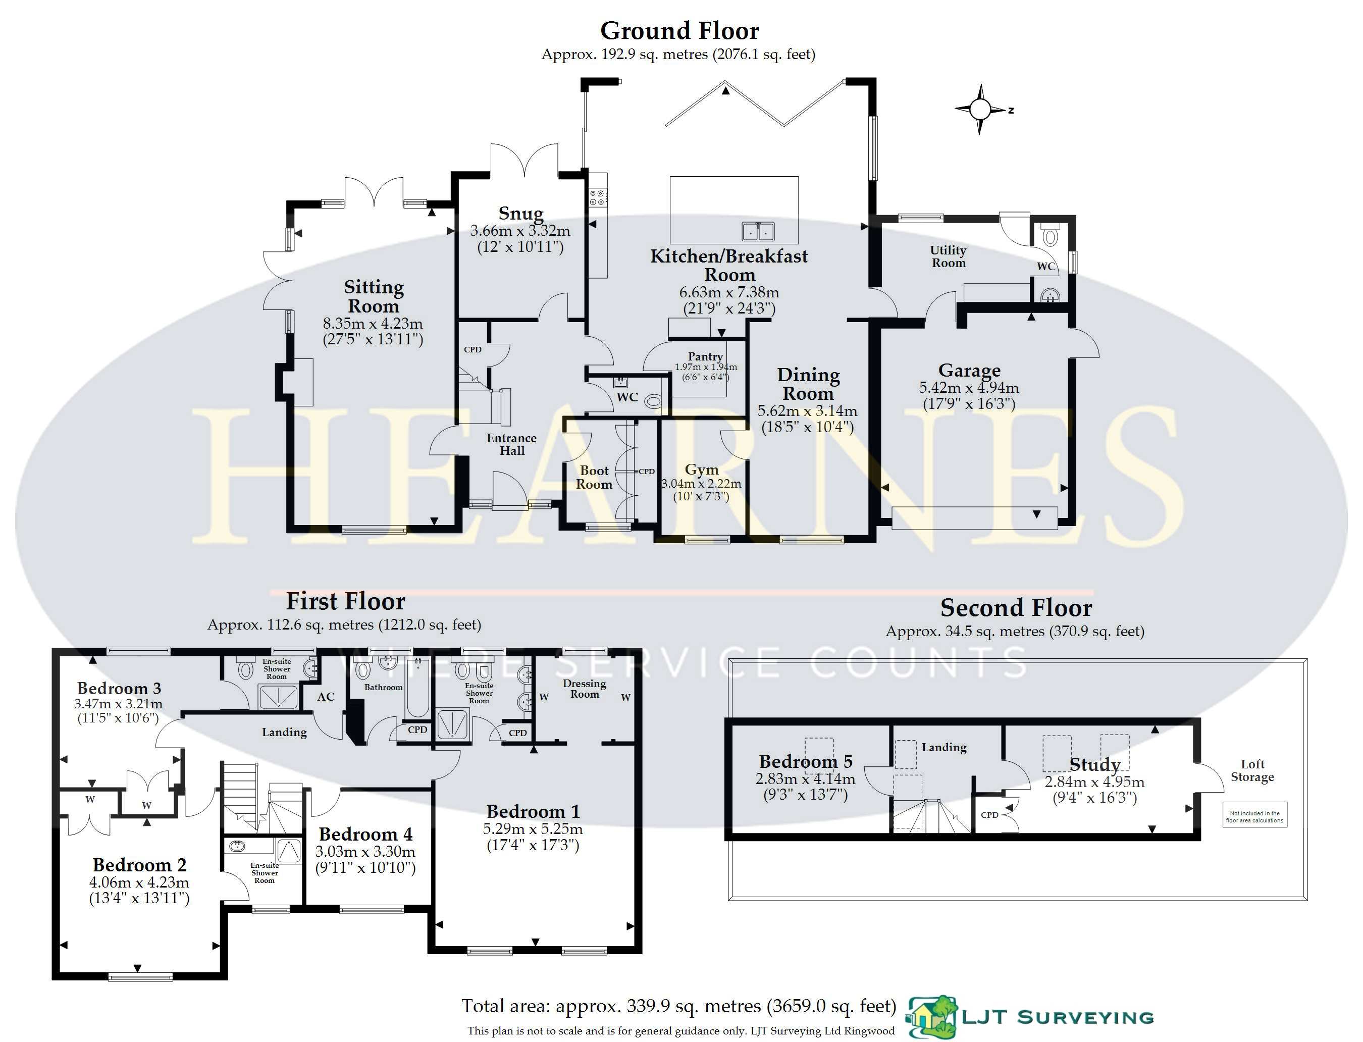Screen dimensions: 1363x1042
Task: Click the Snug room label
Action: tap(521, 214)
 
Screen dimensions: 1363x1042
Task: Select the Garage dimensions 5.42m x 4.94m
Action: tap(969, 388)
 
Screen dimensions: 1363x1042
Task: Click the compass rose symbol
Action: tap(980, 109)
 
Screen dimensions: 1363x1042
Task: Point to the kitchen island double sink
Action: tap(758, 231)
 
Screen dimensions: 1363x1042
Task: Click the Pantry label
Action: tap(705, 356)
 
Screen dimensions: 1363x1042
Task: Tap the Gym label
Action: tap(701, 470)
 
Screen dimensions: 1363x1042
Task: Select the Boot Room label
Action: tap(594, 478)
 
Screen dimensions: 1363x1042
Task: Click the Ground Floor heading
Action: tap(679, 30)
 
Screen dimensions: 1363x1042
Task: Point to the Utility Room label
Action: tap(948, 256)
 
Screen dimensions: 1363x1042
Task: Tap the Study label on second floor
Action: tap(1094, 765)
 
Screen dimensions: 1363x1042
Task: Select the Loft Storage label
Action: tap(1252, 770)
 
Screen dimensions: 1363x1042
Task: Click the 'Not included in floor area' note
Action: tap(1254, 816)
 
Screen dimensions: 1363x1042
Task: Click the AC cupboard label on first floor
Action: tap(326, 697)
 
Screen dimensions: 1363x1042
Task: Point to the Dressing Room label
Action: tap(584, 689)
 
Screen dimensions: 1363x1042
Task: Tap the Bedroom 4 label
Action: tap(365, 834)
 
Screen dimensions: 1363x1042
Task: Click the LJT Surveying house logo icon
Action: tap(931, 1017)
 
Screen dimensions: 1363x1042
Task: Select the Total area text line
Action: tap(679, 1006)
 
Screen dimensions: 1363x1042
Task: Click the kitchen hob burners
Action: tap(598, 198)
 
